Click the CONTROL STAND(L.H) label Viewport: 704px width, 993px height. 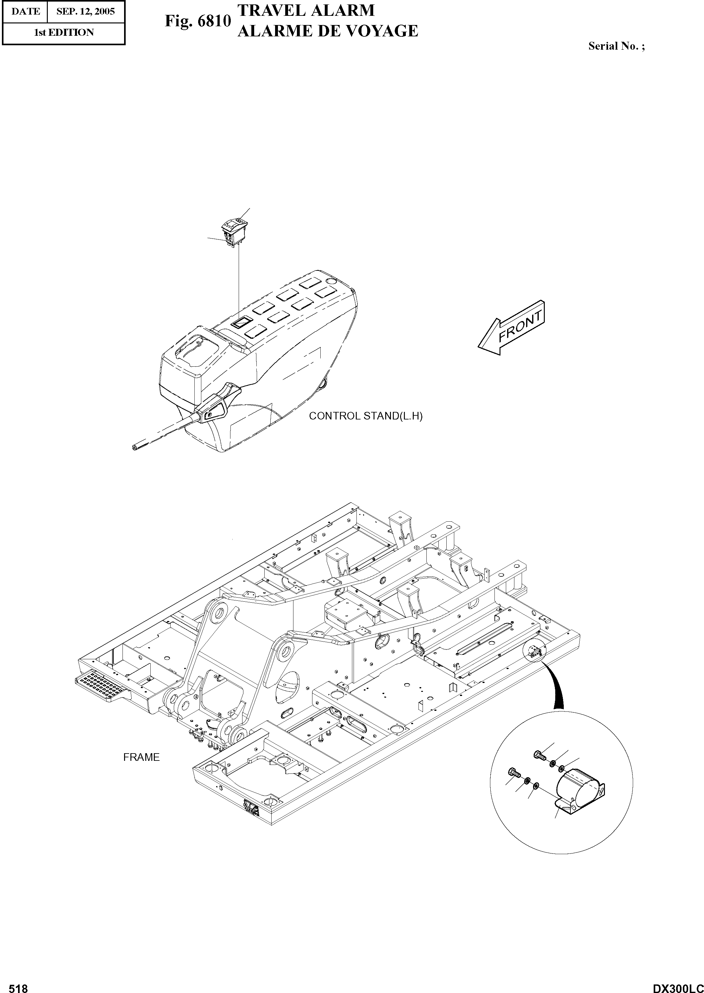coord(365,416)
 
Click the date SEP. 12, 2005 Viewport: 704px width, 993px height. coord(85,11)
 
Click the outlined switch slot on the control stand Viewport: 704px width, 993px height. coord(242,321)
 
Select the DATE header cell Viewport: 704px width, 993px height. coord(25,11)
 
